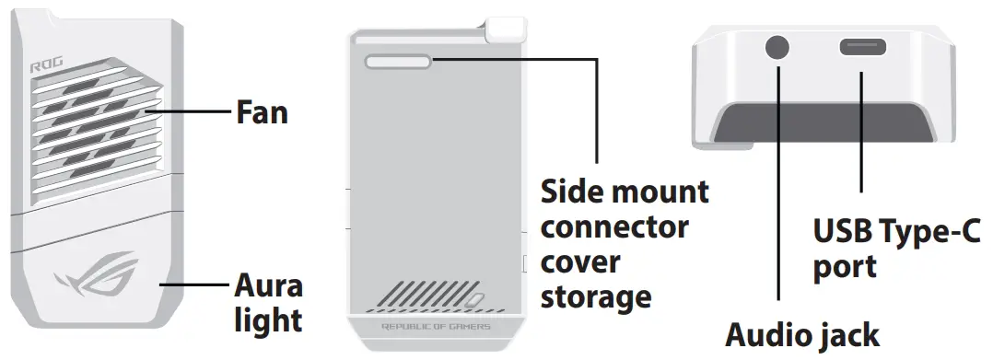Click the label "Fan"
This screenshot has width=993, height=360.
point(262,112)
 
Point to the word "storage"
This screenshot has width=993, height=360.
point(595,296)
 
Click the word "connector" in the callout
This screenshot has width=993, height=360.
point(613,226)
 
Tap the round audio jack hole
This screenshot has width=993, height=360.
point(779,49)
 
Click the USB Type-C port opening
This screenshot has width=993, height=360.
point(862,48)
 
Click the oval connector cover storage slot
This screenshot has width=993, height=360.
point(399,62)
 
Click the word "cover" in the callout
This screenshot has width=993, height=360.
point(579,261)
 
